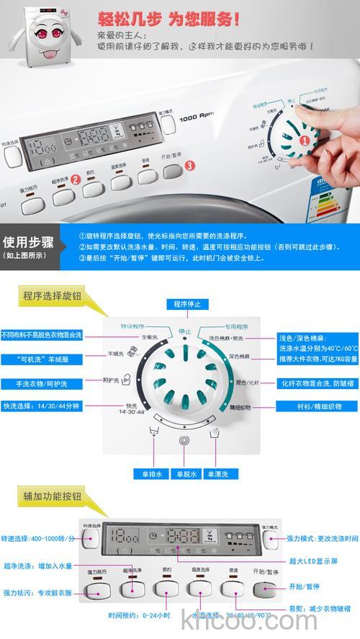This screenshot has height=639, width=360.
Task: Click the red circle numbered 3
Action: [x=189, y=165]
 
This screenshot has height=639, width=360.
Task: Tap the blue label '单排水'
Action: [x=150, y=474]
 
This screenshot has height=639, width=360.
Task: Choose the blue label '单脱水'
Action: [x=183, y=474]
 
